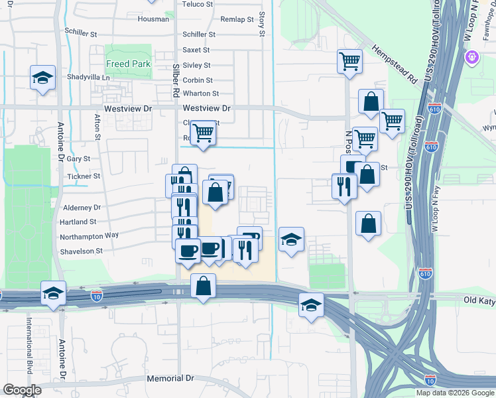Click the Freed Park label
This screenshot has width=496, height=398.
[129, 64]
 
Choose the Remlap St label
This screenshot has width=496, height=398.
[237, 20]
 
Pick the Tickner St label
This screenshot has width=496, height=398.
[84, 176]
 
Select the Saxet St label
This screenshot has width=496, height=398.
[196, 50]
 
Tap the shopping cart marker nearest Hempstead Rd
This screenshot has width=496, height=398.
[349, 61]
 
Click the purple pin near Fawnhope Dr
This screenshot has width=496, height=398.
[472, 56]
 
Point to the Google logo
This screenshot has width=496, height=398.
[22, 390]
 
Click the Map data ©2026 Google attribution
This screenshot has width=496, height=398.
[455, 393]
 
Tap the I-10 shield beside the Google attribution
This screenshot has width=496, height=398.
[430, 380]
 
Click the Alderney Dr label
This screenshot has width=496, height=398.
[83, 208]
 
